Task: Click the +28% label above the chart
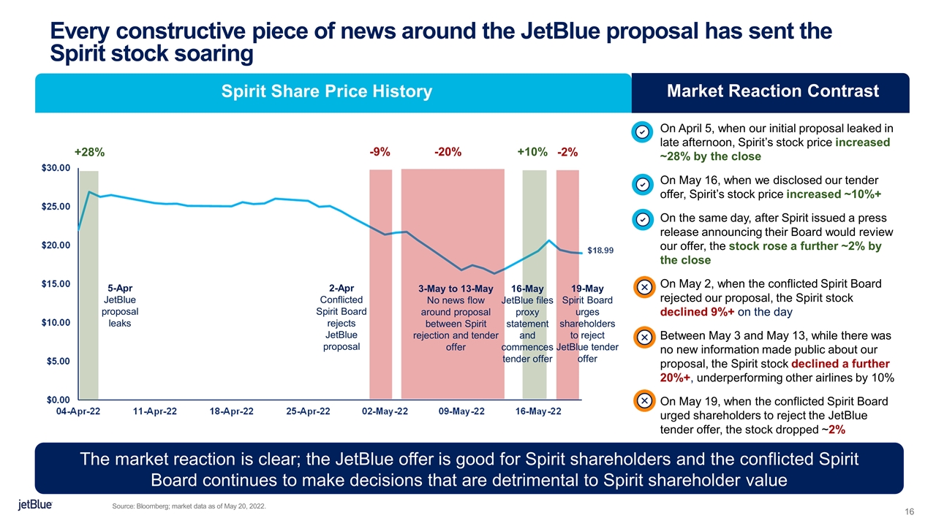click(x=90, y=153)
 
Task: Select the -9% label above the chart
click(x=380, y=152)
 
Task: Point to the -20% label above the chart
click(x=447, y=152)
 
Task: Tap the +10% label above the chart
click(x=532, y=152)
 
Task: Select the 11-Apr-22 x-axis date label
click(x=155, y=412)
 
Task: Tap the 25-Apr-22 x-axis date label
click(x=308, y=412)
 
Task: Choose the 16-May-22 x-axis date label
click(x=538, y=412)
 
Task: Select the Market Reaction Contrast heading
click(x=773, y=91)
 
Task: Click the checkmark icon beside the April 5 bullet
click(x=641, y=132)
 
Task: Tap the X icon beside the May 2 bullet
click(x=641, y=287)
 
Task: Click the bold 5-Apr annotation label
click(x=120, y=288)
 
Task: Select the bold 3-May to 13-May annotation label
click(x=456, y=289)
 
